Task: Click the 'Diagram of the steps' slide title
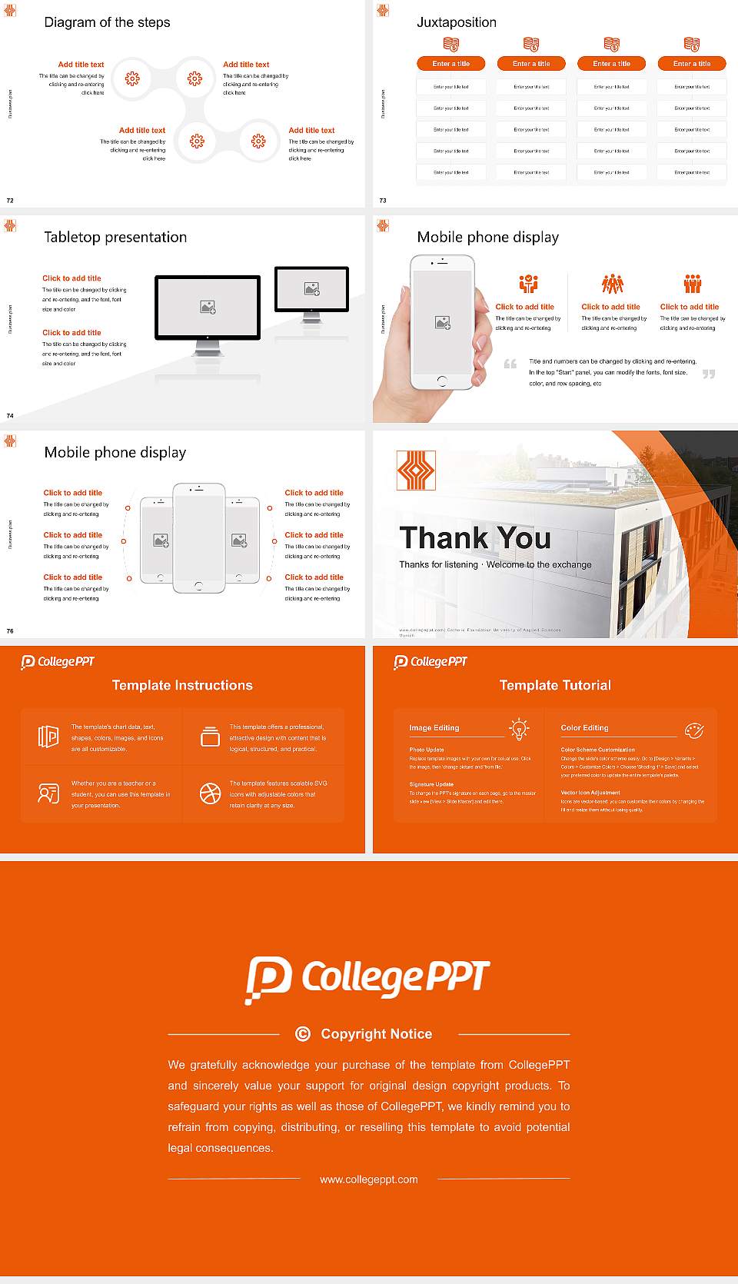(107, 22)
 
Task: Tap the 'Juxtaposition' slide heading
(456, 22)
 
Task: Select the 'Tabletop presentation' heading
(115, 238)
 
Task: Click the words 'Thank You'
(475, 538)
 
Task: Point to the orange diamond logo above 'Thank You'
(416, 471)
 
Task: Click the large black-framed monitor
(208, 308)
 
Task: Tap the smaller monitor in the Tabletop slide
(311, 290)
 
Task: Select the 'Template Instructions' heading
(182, 685)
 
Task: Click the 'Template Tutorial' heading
(555, 685)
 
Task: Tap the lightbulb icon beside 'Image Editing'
(519, 729)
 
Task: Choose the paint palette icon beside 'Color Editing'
(693, 730)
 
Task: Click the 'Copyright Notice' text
(377, 1034)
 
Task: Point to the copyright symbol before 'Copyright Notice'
(303, 1034)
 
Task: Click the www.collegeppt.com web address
(369, 1179)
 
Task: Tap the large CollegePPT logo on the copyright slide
(367, 979)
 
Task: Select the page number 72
(10, 200)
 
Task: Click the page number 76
(10, 630)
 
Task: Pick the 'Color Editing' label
(584, 727)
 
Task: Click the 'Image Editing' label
(434, 727)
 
